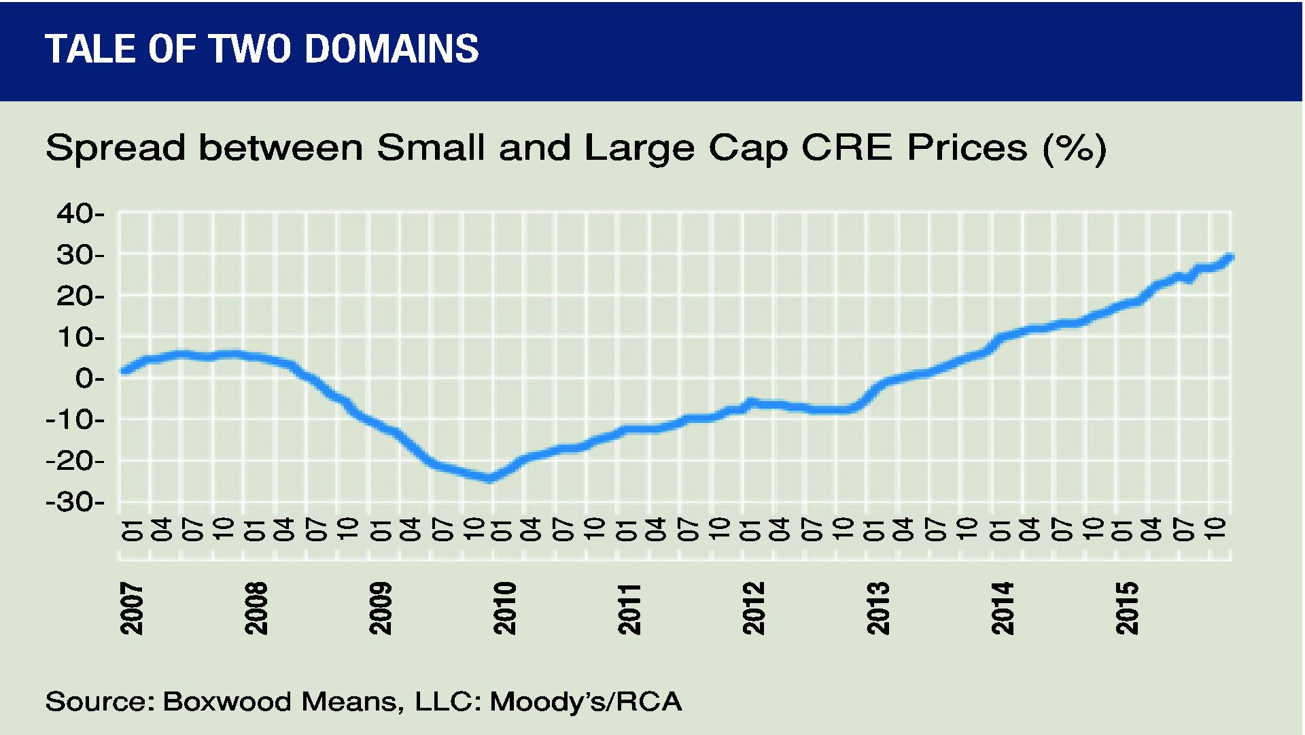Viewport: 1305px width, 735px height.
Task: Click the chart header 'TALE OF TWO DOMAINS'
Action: pyautogui.click(x=262, y=49)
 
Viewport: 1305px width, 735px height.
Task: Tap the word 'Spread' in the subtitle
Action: pyautogui.click(x=116, y=148)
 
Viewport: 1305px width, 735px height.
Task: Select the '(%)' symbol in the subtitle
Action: pyautogui.click(x=1074, y=148)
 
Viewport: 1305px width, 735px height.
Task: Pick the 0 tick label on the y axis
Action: pyautogui.click(x=85, y=379)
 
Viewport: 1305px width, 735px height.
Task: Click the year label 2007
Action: pyautogui.click(x=132, y=609)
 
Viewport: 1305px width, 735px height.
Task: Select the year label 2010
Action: pyautogui.click(x=505, y=609)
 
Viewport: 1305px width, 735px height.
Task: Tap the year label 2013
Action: pyautogui.click(x=879, y=609)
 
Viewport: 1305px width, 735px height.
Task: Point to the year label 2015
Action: pyautogui.click(x=1128, y=609)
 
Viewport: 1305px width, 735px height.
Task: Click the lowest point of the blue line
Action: pyautogui.click(x=489, y=479)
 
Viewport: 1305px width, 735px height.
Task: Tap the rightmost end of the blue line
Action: pyautogui.click(x=1230, y=257)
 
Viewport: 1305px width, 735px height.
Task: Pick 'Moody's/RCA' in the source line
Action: pyautogui.click(x=585, y=702)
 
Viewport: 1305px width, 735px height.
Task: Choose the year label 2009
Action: pyautogui.click(x=381, y=609)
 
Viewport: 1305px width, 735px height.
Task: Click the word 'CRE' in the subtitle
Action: pyautogui.click(x=846, y=148)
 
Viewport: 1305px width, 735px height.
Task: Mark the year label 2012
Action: pyautogui.click(x=754, y=609)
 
